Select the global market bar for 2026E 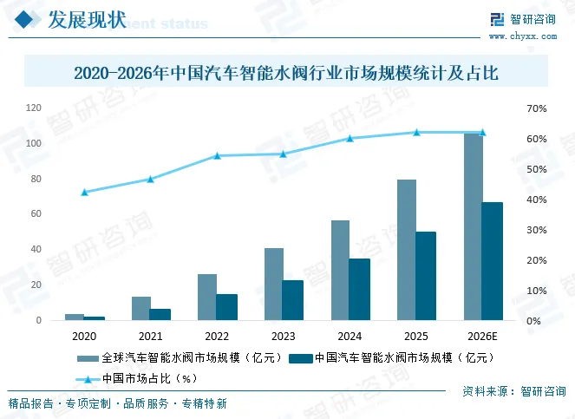[473, 227]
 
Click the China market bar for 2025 [426, 276]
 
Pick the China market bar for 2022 [227, 307]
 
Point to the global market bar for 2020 [75, 318]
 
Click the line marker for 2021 [150, 179]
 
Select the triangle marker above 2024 [350, 138]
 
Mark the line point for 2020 [84, 192]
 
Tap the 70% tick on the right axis [536, 108]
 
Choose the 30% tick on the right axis [536, 230]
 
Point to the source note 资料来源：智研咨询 [511, 391]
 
